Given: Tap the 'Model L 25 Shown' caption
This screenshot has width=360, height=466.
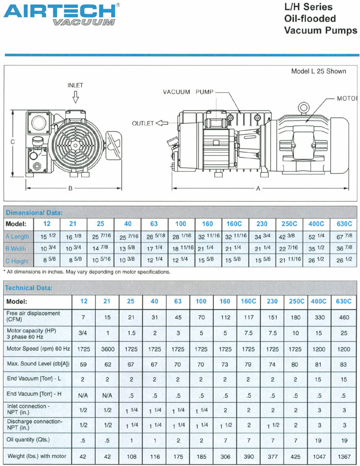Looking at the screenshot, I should (x=319, y=71).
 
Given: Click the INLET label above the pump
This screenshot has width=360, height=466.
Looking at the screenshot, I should (x=75, y=85).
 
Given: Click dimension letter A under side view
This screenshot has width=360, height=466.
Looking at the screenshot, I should (x=258, y=188).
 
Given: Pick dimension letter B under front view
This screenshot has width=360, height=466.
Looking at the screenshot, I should (x=70, y=188).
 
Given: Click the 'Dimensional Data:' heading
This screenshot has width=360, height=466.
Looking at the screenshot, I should (x=34, y=212).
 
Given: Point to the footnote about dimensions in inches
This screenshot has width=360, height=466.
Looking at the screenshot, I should (x=86, y=272).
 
